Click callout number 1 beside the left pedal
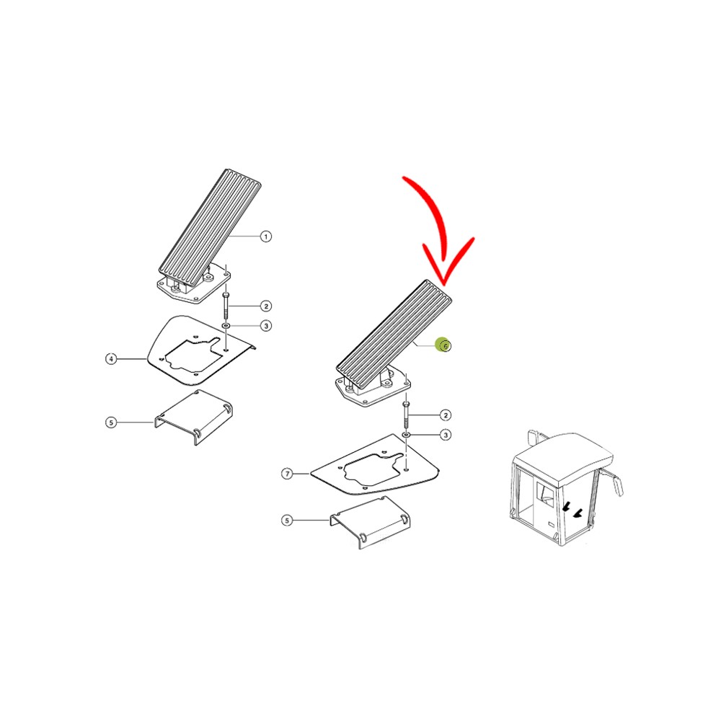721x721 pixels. pyautogui.click(x=265, y=236)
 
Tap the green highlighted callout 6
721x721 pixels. pyautogui.click(x=445, y=346)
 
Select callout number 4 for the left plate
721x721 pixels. pyautogui.click(x=111, y=358)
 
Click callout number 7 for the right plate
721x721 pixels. pyautogui.click(x=287, y=474)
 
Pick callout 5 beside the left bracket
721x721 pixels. pyautogui.click(x=111, y=423)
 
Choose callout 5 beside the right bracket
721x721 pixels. pyautogui.click(x=287, y=520)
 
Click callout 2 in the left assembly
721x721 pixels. pyautogui.click(x=265, y=306)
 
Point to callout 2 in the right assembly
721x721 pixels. pyautogui.click(x=446, y=415)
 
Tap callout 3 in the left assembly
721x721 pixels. pyautogui.click(x=265, y=326)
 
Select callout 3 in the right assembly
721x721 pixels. pyautogui.click(x=446, y=435)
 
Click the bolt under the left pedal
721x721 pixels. pyautogui.click(x=226, y=303)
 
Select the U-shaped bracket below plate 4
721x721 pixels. pyautogui.click(x=193, y=417)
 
